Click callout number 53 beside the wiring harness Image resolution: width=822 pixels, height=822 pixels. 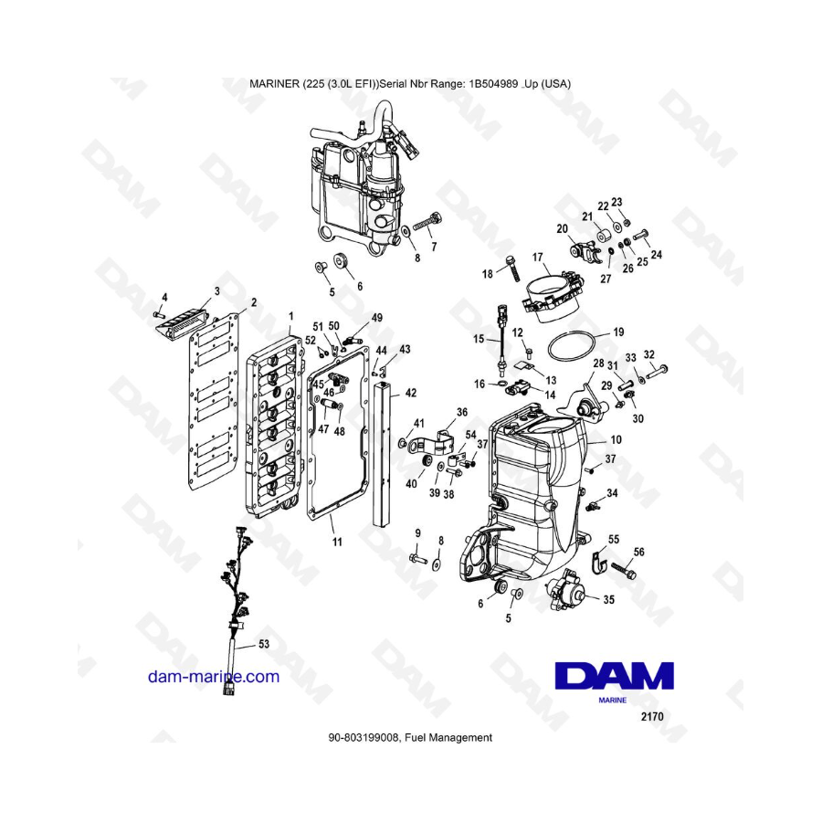[x=264, y=643]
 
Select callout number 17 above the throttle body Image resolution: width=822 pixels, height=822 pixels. [x=537, y=258]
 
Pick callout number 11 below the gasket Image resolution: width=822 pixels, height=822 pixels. [x=337, y=542]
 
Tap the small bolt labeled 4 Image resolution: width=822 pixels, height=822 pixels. [x=159, y=313]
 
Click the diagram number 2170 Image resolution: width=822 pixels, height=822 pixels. [x=651, y=716]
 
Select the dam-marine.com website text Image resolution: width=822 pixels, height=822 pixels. [x=214, y=676]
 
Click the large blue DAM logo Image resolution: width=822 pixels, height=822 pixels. [x=614, y=675]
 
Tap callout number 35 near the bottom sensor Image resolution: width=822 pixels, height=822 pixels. [x=608, y=599]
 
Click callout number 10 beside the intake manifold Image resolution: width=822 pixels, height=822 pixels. [x=616, y=439]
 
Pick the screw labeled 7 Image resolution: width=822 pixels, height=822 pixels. [x=428, y=222]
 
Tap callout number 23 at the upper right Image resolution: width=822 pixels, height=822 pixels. [x=616, y=202]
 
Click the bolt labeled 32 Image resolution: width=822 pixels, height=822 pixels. [x=657, y=372]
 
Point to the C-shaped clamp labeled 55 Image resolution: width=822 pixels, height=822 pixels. [x=598, y=561]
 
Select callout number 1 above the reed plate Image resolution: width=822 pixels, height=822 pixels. [x=291, y=316]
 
